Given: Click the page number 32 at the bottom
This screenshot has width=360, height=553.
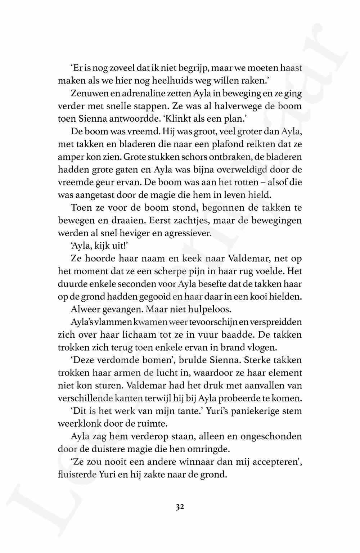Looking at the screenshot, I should pos(180,507).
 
